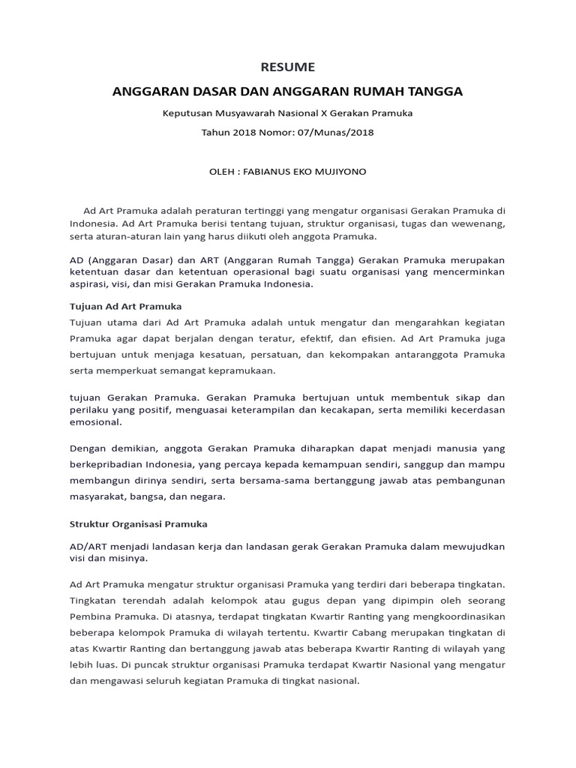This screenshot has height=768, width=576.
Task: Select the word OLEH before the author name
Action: coord(221,172)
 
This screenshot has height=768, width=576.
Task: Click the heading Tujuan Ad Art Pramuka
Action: coord(126,307)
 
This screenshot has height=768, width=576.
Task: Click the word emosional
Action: coord(95,422)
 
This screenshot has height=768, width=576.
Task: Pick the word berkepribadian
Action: coord(108,464)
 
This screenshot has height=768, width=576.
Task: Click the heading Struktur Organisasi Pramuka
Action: coord(139,523)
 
